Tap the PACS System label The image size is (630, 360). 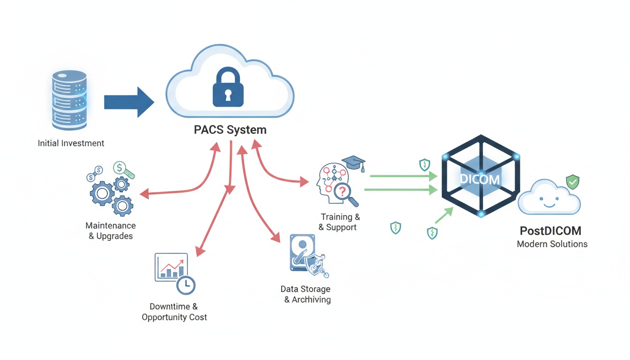pyautogui.click(x=230, y=130)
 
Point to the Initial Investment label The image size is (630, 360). pyautogui.click(x=71, y=143)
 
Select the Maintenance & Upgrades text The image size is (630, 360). pyautogui.click(x=111, y=231)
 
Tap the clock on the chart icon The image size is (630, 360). pyautogui.click(x=186, y=285)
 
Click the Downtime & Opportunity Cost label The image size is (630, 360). pyautogui.click(x=174, y=312)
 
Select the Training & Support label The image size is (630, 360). pyautogui.click(x=340, y=222)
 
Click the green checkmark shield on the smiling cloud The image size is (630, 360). pyautogui.click(x=572, y=181)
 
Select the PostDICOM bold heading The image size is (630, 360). pyautogui.click(x=550, y=231)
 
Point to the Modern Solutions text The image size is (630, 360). pyautogui.click(x=552, y=244)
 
